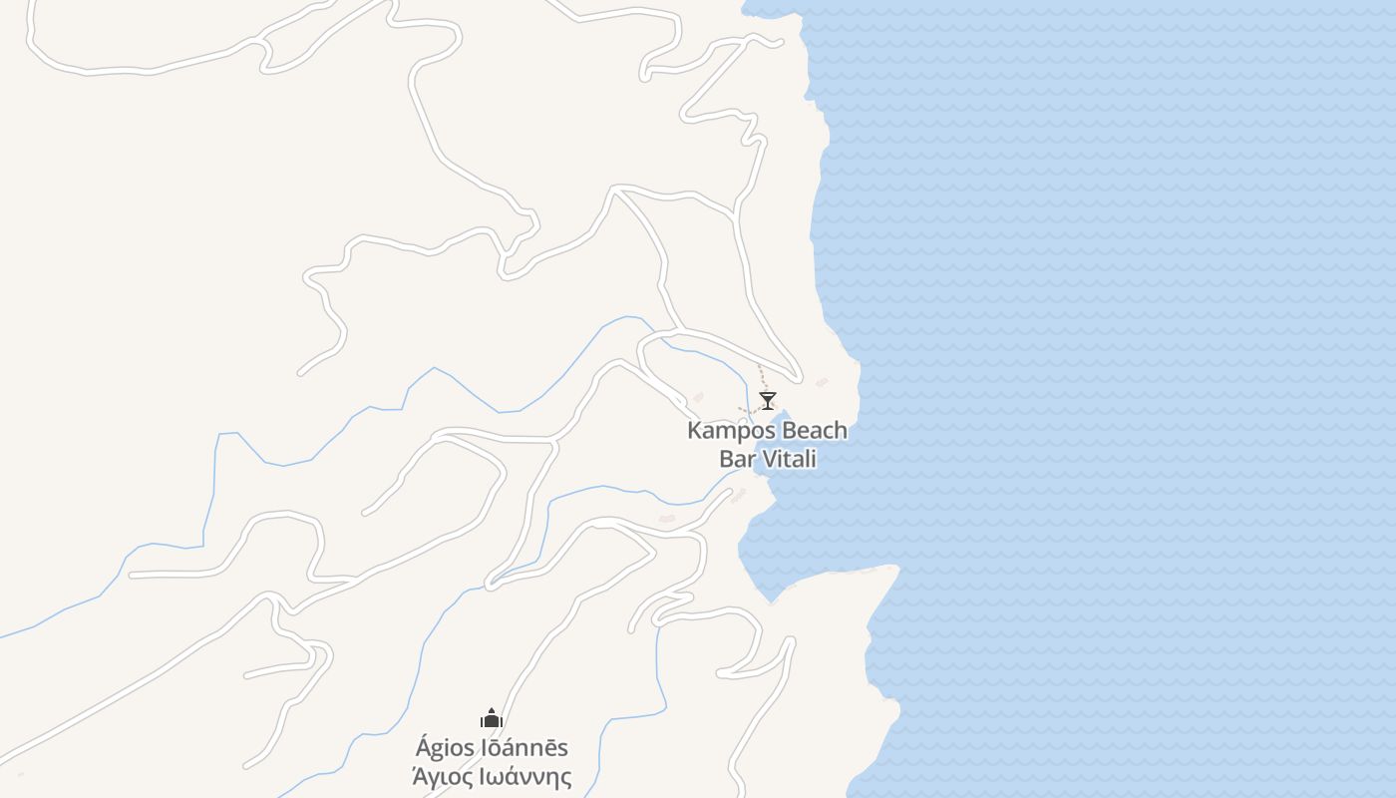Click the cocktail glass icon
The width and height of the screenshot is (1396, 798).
pos(768,401)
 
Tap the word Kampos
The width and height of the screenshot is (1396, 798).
pos(732,431)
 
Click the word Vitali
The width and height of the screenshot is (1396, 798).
pos(789,459)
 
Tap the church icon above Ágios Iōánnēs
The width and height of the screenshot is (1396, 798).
pos(491,718)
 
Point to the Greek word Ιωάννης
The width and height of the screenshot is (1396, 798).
pos(525,777)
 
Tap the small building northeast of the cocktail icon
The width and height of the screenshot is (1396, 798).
pos(822,382)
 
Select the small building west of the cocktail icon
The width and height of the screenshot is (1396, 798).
pos(698,397)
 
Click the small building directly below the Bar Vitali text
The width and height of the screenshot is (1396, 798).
pos(739,494)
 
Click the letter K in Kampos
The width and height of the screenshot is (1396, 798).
pos(694,431)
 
